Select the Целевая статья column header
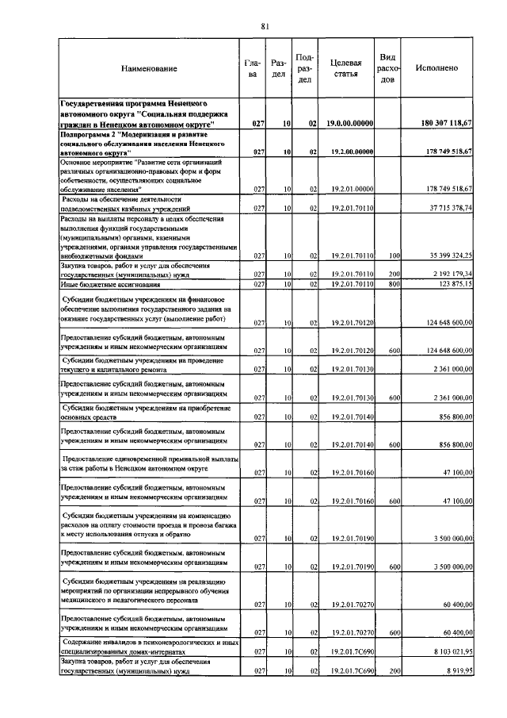click(345, 69)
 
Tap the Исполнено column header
click(436, 69)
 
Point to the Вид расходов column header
click(388, 68)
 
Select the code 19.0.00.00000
click(345, 124)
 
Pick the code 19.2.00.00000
click(345, 152)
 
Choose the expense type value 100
click(393, 255)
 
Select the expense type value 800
click(393, 283)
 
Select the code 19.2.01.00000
click(345, 189)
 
